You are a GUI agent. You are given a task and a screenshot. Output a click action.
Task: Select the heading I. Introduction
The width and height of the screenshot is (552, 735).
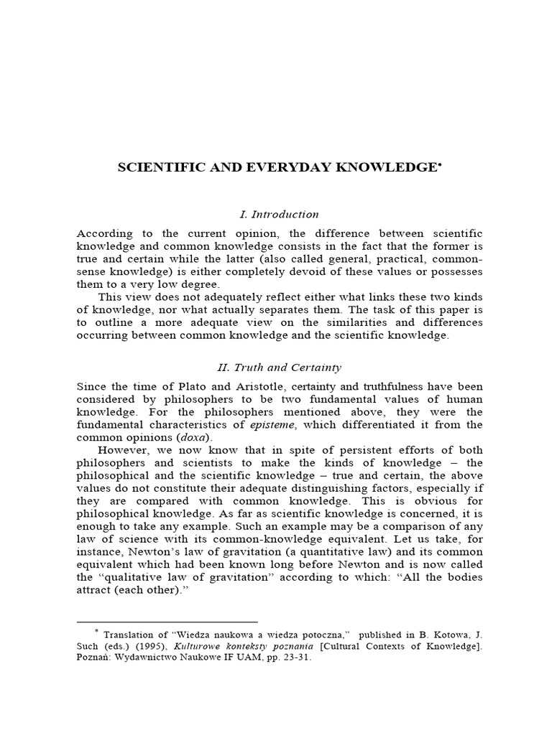(x=279, y=214)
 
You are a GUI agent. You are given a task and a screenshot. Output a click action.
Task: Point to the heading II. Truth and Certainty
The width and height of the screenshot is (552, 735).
(x=280, y=368)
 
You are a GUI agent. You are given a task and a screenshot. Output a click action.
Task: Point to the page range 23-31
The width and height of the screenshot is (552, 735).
(x=297, y=660)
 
